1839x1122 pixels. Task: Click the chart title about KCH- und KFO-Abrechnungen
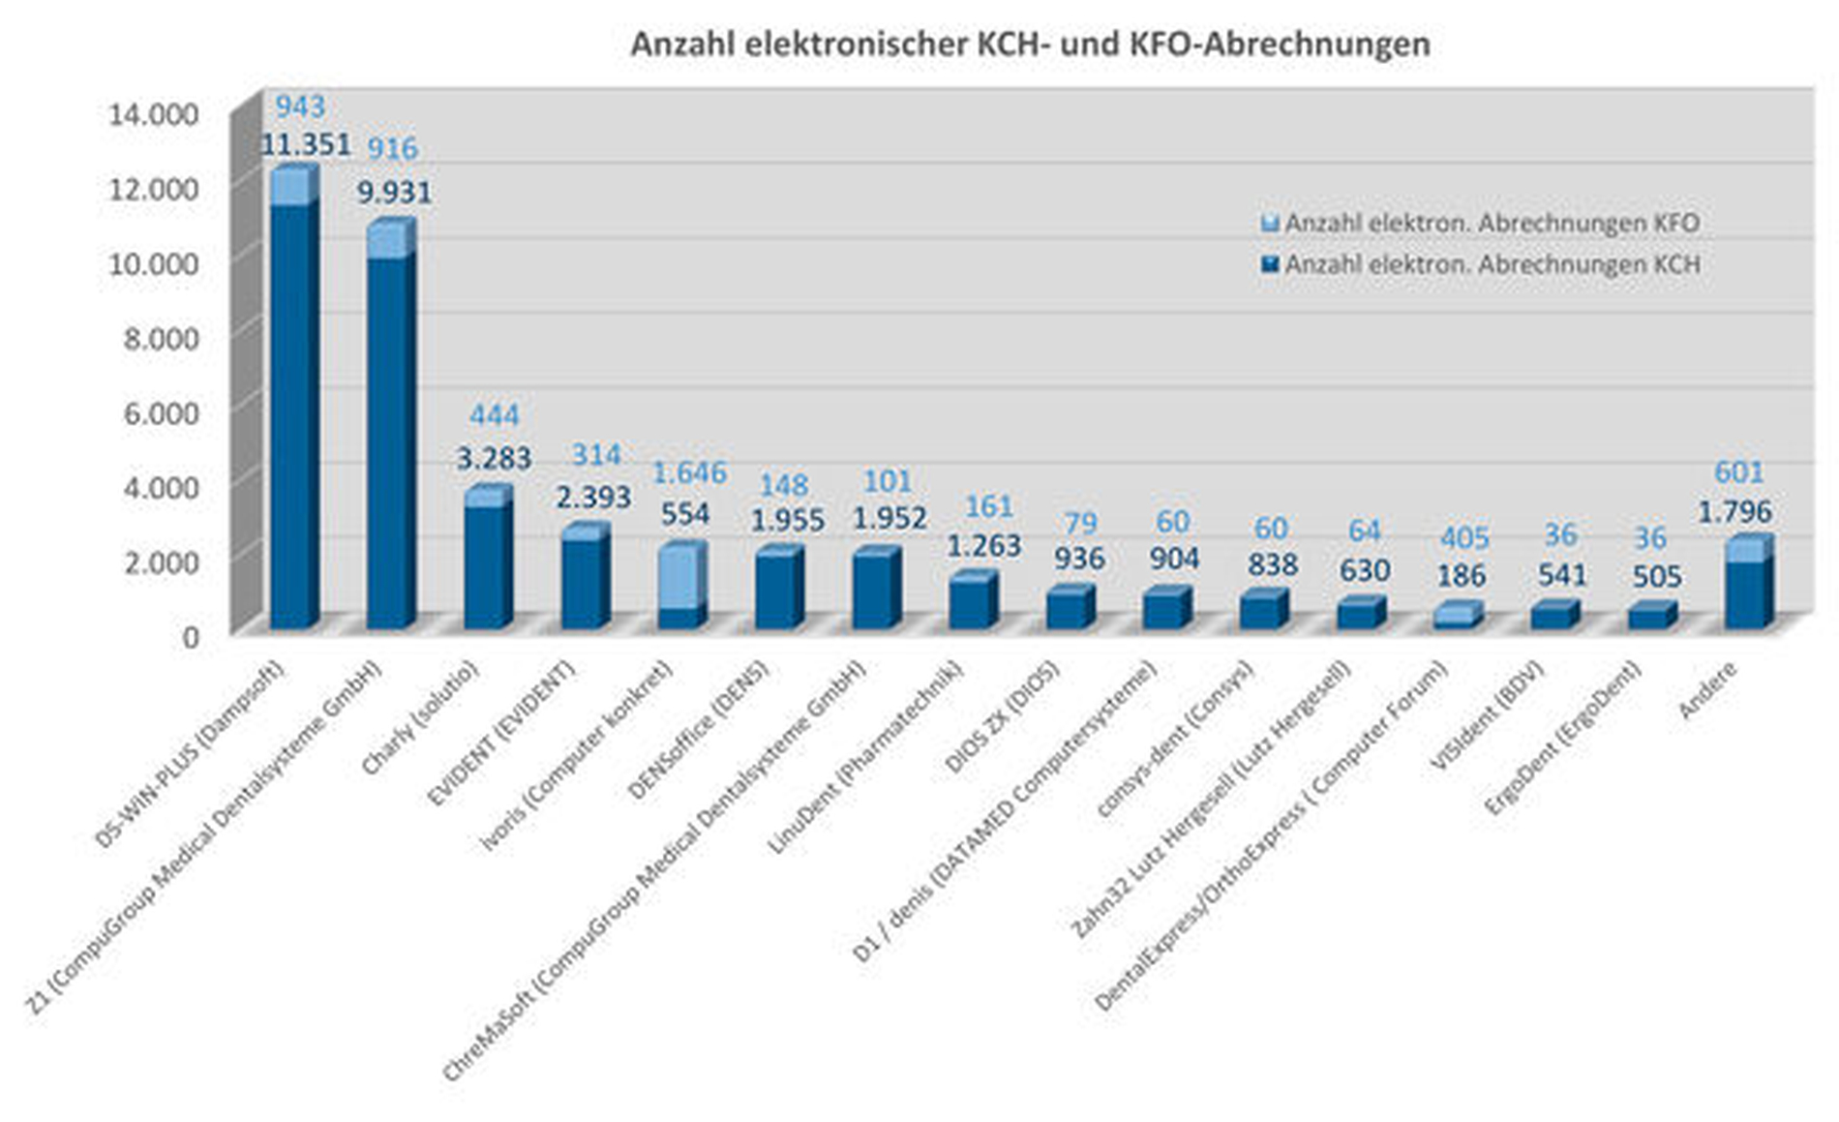(1030, 45)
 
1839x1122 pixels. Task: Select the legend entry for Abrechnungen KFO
(1491, 223)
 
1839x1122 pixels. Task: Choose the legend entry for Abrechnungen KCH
(1491, 264)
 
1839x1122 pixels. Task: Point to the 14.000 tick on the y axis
(154, 114)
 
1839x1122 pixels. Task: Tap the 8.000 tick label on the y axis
(160, 338)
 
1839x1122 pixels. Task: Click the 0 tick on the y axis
(189, 636)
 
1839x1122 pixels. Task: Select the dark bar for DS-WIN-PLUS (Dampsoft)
(293, 416)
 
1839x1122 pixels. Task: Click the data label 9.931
(394, 192)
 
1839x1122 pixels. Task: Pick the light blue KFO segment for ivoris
(680, 577)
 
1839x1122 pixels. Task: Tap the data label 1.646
(689, 472)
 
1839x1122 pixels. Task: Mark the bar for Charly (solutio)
(488, 566)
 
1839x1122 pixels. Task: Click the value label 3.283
(494, 458)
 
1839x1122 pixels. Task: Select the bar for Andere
(1747, 592)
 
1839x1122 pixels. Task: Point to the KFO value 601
(1738, 472)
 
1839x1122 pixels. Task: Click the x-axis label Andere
(1708, 690)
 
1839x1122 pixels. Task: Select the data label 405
(1463, 537)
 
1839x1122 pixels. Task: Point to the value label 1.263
(983, 546)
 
